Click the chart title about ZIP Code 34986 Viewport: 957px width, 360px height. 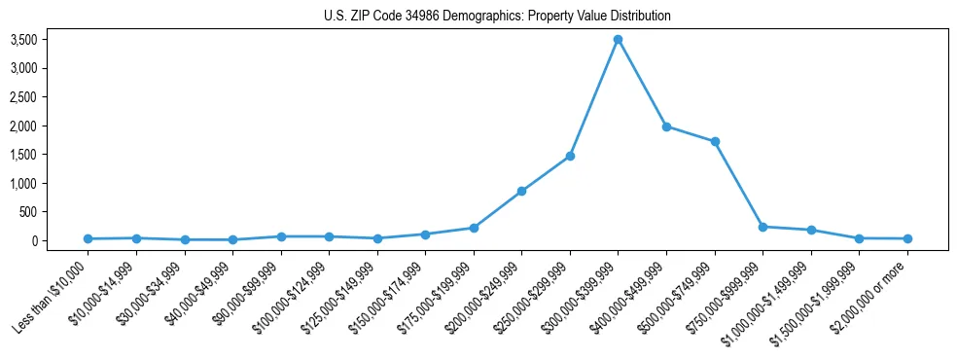click(497, 17)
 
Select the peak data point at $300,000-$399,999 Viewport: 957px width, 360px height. click(618, 40)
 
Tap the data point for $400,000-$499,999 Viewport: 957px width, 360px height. click(666, 126)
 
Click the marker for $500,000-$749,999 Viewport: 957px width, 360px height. click(715, 142)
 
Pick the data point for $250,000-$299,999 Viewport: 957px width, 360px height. click(570, 156)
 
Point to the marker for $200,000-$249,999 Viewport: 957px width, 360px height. click(521, 192)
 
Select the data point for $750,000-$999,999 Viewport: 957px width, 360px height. click(762, 227)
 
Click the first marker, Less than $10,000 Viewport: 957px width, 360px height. click(88, 238)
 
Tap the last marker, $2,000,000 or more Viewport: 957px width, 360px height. click(907, 238)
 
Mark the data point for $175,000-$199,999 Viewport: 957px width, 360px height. click(474, 228)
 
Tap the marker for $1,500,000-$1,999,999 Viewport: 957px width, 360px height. click(859, 238)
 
